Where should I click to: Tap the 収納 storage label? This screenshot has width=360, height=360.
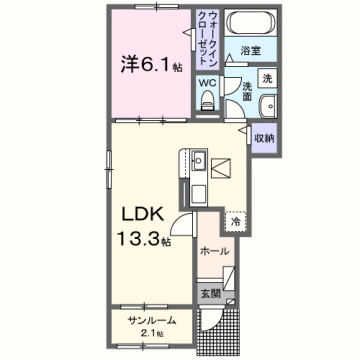point(266,137)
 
